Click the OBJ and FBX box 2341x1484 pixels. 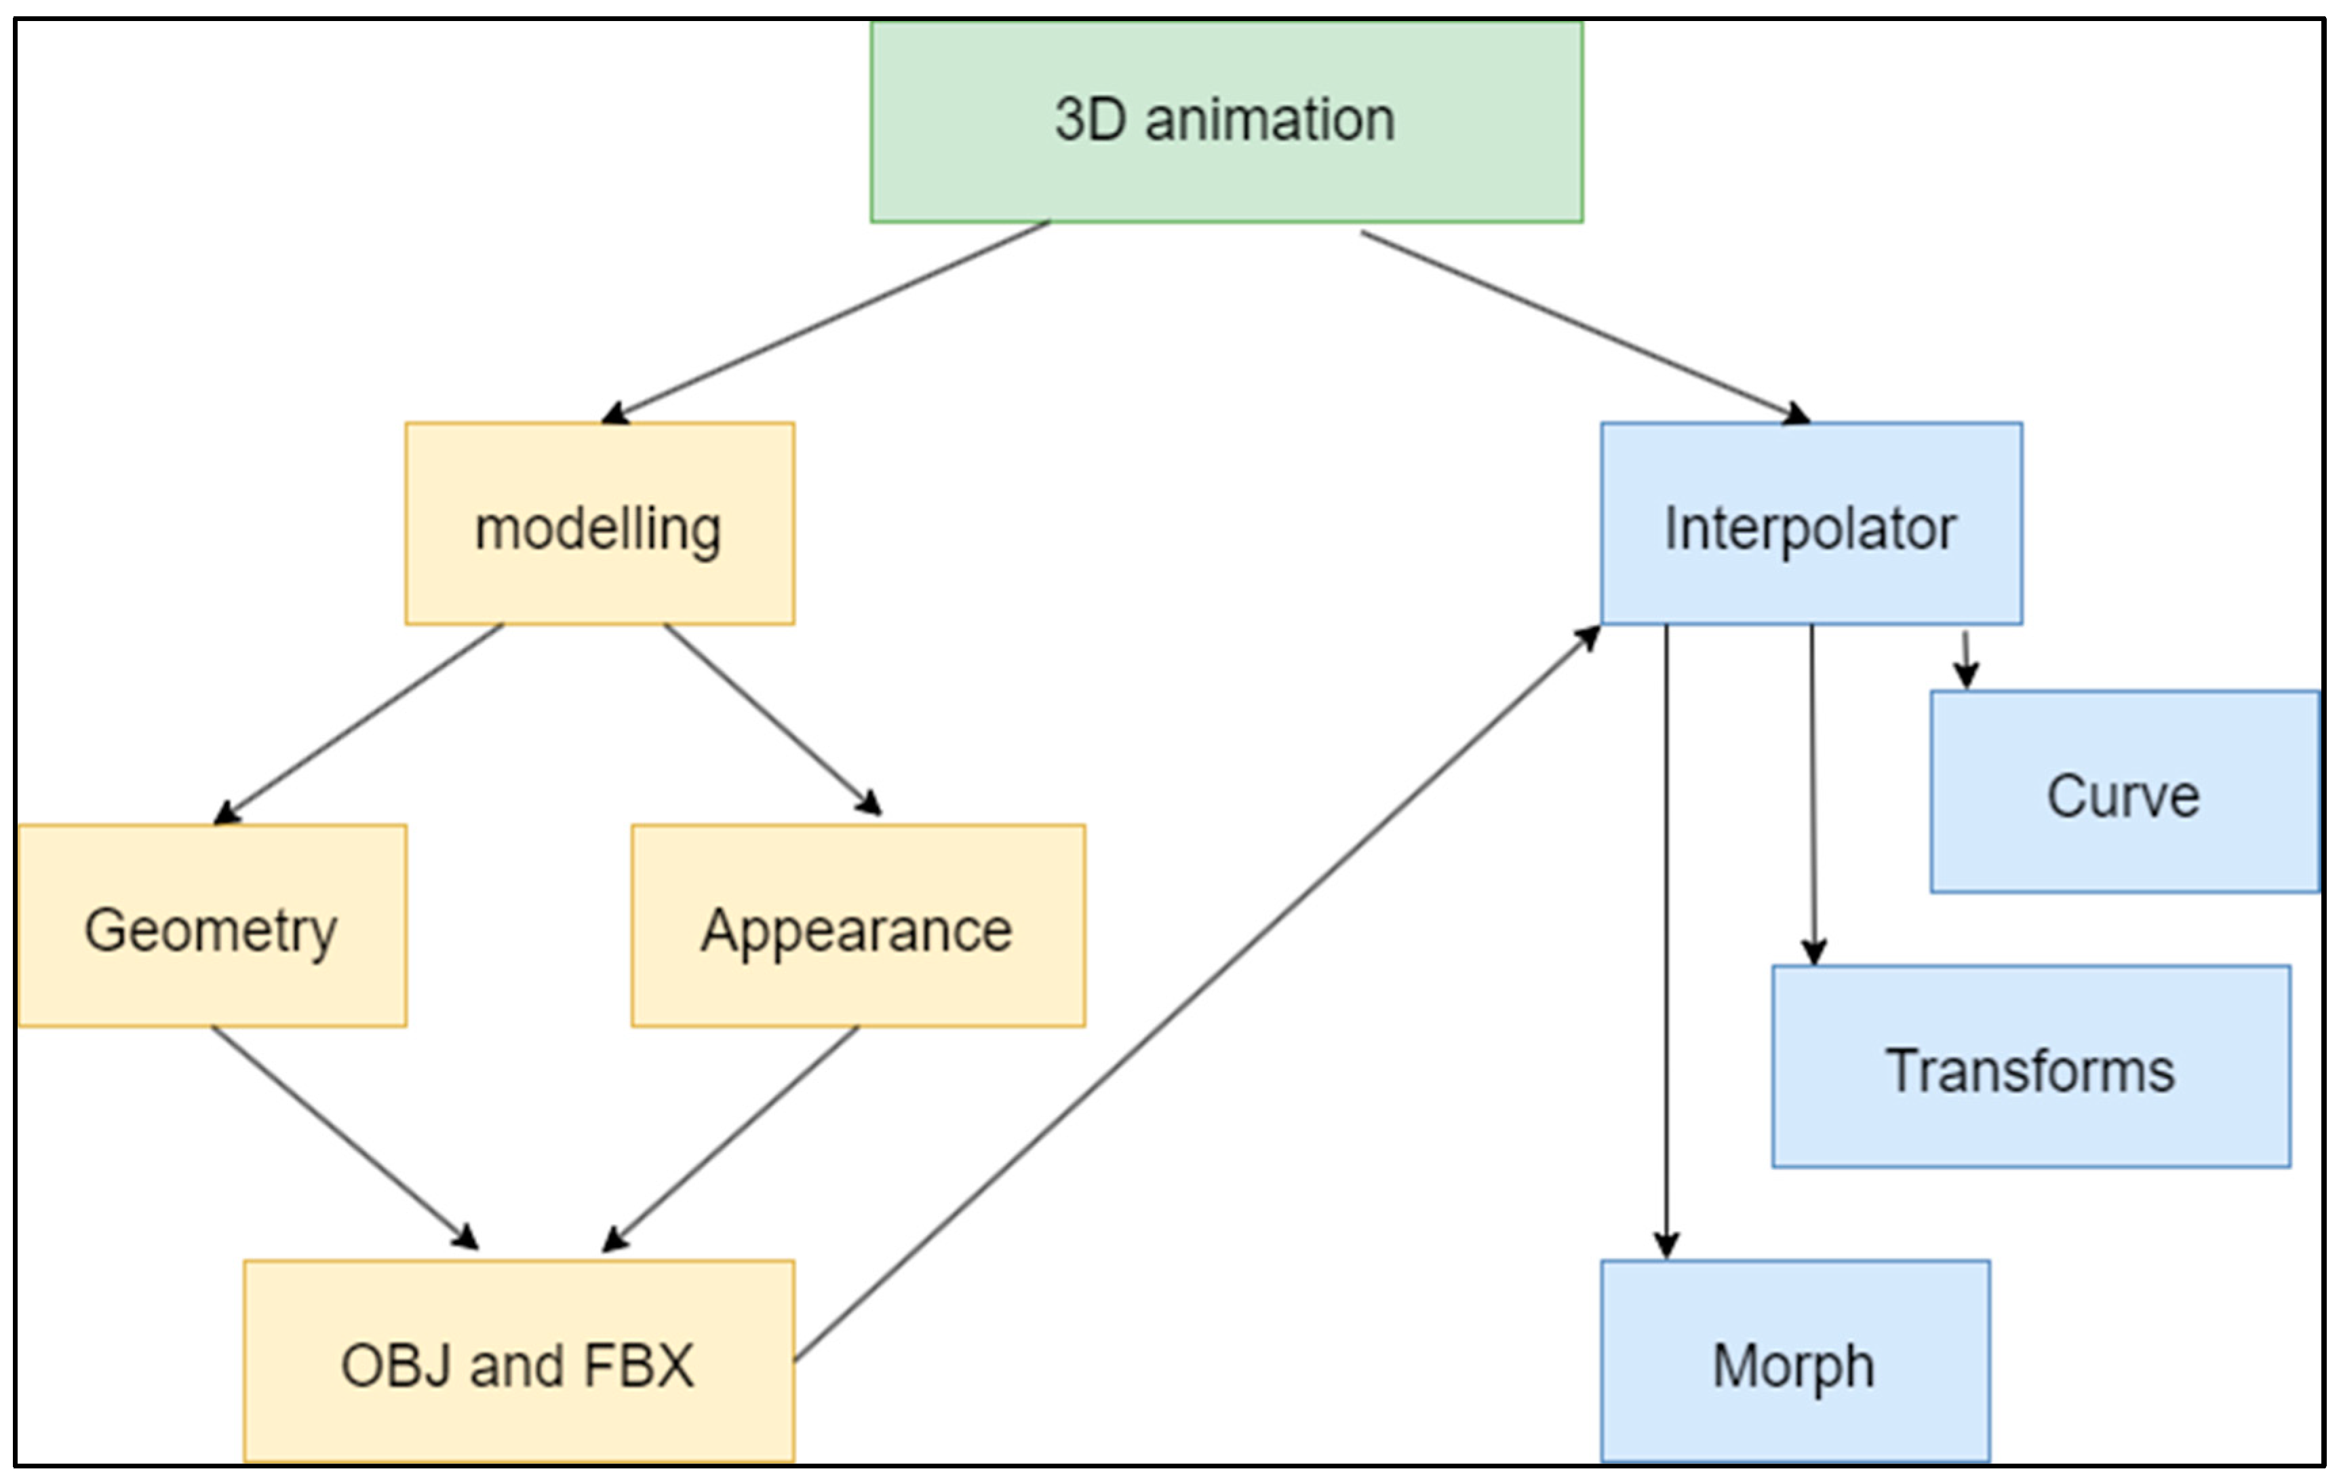(x=518, y=1361)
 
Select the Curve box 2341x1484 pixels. (x=2124, y=792)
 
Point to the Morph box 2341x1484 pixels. (x=1794, y=1361)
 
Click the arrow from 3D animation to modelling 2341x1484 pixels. (x=827, y=322)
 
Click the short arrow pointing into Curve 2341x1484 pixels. (x=1966, y=660)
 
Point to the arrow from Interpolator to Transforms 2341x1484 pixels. (x=1812, y=793)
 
